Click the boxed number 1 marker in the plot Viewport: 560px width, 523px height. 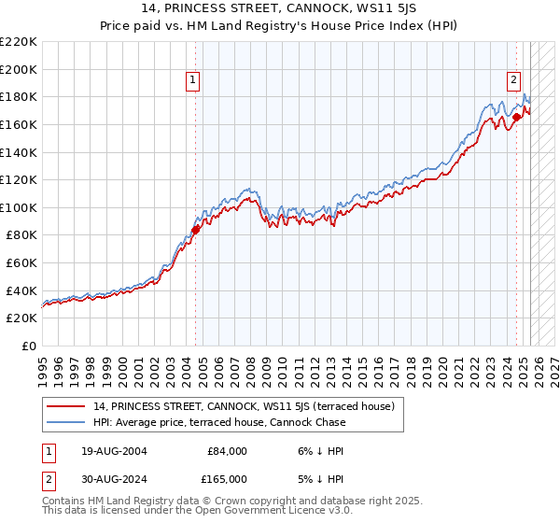(192, 81)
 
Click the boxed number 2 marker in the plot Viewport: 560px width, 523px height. (513, 81)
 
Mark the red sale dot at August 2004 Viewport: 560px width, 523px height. (195, 229)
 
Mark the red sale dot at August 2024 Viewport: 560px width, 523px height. (516, 118)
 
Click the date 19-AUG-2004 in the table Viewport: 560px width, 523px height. (113, 451)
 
